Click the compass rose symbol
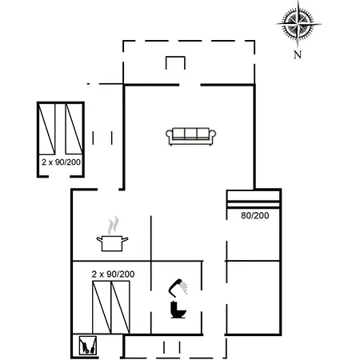coord(298,24)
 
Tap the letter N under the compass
coord(298,54)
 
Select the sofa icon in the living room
coord(190,137)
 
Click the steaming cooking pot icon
coord(112,234)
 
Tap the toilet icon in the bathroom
coord(178,310)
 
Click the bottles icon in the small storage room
coord(87,345)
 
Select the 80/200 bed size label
coord(255,215)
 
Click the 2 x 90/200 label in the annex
coord(61,162)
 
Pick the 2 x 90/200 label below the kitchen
coord(113,274)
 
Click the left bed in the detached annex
coord(47,129)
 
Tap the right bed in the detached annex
coord(74,129)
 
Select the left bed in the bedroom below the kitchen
coord(102,307)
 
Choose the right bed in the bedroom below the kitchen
coord(120,307)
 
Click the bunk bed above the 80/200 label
coord(253,199)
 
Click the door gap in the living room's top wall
coord(190,85)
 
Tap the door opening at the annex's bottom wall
coord(59,176)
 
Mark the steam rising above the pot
coord(113,226)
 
